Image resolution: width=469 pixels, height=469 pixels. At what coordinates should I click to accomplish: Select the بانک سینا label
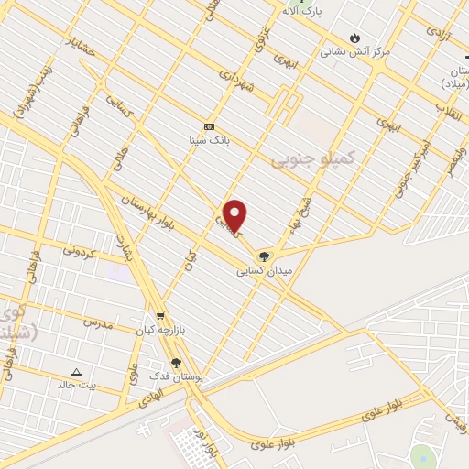210,140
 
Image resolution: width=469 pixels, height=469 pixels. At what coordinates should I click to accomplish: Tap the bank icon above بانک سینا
210,126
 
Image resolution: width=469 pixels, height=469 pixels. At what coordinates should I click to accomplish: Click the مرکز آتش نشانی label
354,52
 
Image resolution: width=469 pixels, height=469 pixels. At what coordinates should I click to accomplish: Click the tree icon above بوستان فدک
176,364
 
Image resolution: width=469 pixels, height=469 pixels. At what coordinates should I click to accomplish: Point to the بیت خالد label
76,385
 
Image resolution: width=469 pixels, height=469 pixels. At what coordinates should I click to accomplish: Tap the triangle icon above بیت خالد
77,371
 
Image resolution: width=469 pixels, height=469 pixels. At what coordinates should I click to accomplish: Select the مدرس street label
97,322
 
